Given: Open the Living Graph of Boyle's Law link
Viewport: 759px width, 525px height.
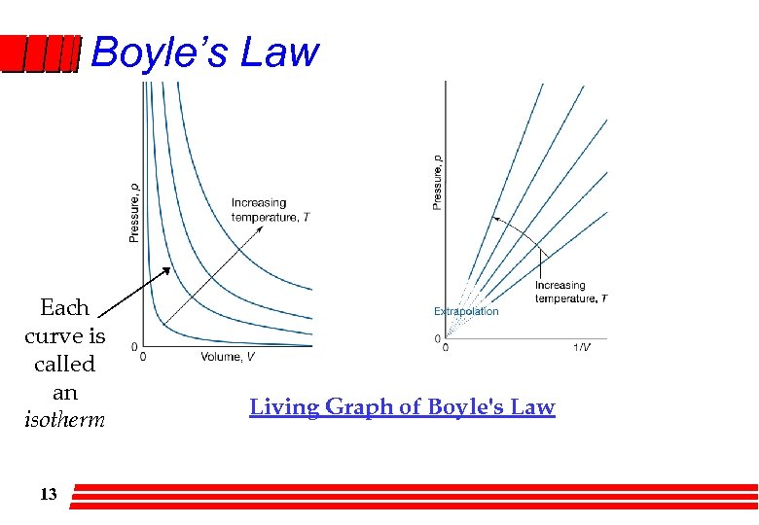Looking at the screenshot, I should (402, 407).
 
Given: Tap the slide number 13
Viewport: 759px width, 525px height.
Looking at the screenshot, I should (48, 494).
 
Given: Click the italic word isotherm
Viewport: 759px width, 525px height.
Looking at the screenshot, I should (64, 421).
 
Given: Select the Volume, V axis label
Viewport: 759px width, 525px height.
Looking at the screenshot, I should (229, 357).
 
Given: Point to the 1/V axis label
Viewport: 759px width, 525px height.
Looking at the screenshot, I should (581, 347).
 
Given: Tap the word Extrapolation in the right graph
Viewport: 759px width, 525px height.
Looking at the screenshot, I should (466, 311).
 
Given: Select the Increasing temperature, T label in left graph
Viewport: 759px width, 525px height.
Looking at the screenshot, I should (271, 210).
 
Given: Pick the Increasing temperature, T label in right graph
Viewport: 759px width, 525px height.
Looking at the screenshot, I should (570, 292).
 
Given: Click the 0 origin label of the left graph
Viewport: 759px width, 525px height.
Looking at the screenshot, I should (144, 356).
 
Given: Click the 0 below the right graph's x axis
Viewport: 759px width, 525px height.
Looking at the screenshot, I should (446, 347).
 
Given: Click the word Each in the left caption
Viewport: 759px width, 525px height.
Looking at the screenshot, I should (64, 308).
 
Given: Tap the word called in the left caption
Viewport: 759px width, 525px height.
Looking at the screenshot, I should (64, 365).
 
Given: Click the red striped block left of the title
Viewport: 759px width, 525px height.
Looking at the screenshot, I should (40, 54).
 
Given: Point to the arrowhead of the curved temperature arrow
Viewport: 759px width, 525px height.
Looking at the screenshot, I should (496, 220).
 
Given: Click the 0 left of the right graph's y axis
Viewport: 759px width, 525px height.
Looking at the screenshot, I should (438, 338).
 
